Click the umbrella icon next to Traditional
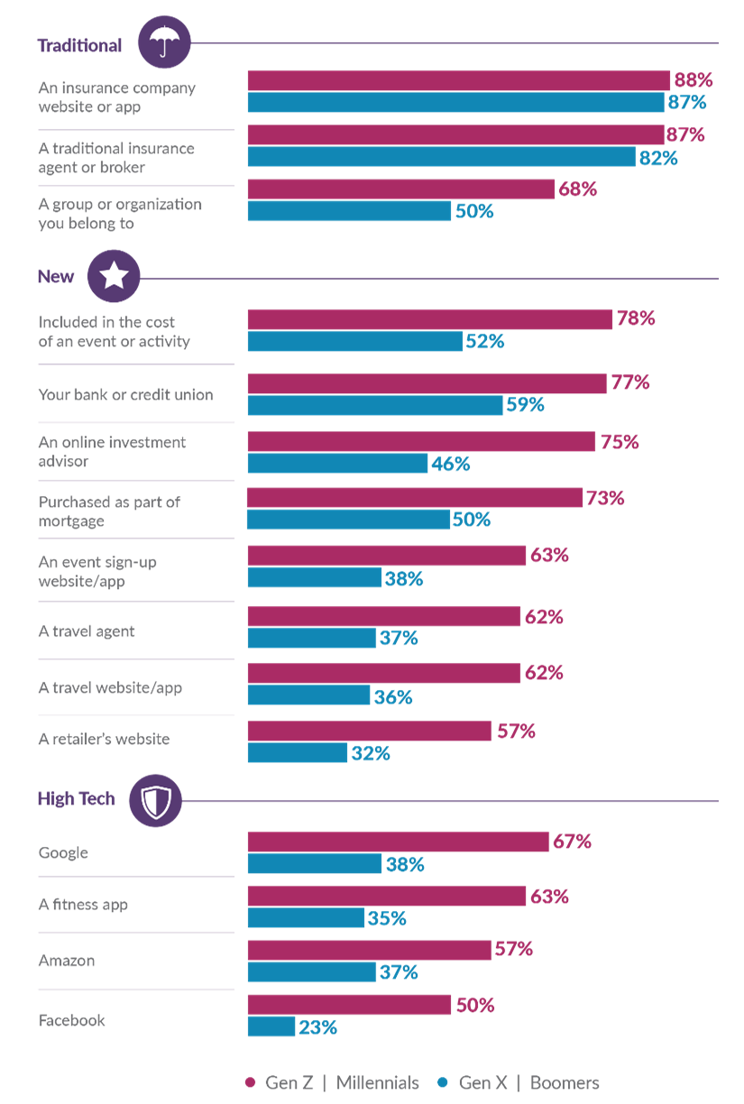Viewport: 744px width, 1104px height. [x=163, y=41]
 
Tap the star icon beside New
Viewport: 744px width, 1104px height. [x=114, y=276]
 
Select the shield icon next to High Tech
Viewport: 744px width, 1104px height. [x=155, y=799]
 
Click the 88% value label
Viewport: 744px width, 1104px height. [x=693, y=79]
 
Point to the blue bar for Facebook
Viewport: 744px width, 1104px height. [x=271, y=1026]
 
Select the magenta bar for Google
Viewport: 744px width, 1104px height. [x=398, y=842]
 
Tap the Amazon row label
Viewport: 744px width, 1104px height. [x=67, y=961]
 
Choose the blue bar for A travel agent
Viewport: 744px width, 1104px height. [x=311, y=639]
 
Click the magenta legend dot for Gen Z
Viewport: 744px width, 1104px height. [x=250, y=1082]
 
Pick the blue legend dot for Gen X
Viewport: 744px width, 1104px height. [x=442, y=1082]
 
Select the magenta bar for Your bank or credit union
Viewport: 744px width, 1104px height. [x=427, y=383]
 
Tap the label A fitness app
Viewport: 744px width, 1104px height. [x=83, y=905]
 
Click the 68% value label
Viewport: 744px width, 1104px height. [x=578, y=189]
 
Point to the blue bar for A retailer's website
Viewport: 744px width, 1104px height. [x=297, y=753]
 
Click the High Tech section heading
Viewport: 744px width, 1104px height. [x=77, y=798]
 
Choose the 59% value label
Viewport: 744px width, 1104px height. [x=525, y=405]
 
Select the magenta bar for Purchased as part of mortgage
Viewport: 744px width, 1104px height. [x=414, y=498]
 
